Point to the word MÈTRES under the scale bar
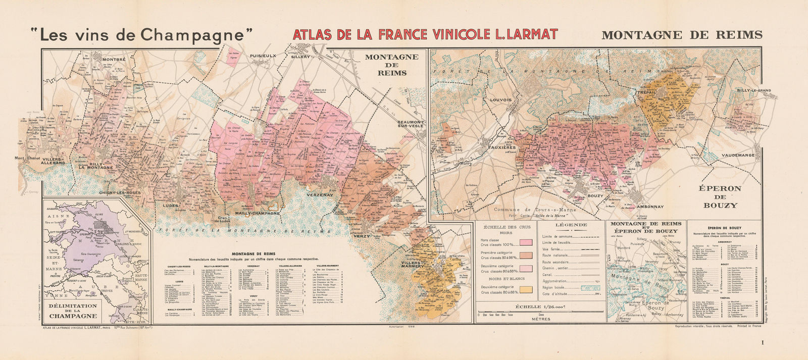pyautogui.click(x=540, y=319)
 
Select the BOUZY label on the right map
pyautogui.click(x=595, y=195)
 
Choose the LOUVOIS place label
pyautogui.click(x=500, y=100)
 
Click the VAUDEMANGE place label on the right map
pyautogui.click(x=738, y=156)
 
